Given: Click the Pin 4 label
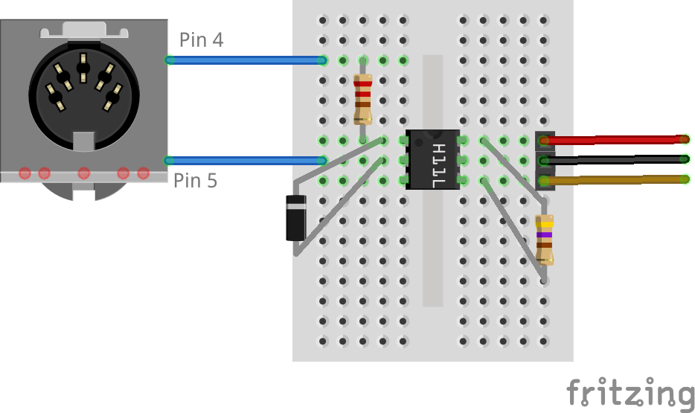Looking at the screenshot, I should click(201, 39).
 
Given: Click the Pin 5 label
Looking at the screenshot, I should click(195, 180).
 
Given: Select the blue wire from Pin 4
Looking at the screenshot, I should click(246, 60).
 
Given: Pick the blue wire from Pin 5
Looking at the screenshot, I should click(246, 160).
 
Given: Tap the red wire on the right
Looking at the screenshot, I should click(618, 140).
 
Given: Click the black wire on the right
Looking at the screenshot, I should click(618, 159).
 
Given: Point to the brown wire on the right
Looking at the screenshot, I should click(618, 179).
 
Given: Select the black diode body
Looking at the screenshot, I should click(296, 218).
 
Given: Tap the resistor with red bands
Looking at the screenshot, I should click(363, 99).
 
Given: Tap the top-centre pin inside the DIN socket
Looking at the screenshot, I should click(83, 67).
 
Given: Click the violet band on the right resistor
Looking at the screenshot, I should click(545, 234).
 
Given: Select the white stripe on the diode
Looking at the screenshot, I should click(296, 201).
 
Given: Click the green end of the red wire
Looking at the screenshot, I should click(684, 139).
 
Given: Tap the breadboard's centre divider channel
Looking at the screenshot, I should click(432, 246).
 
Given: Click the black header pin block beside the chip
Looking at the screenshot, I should click(545, 159).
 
